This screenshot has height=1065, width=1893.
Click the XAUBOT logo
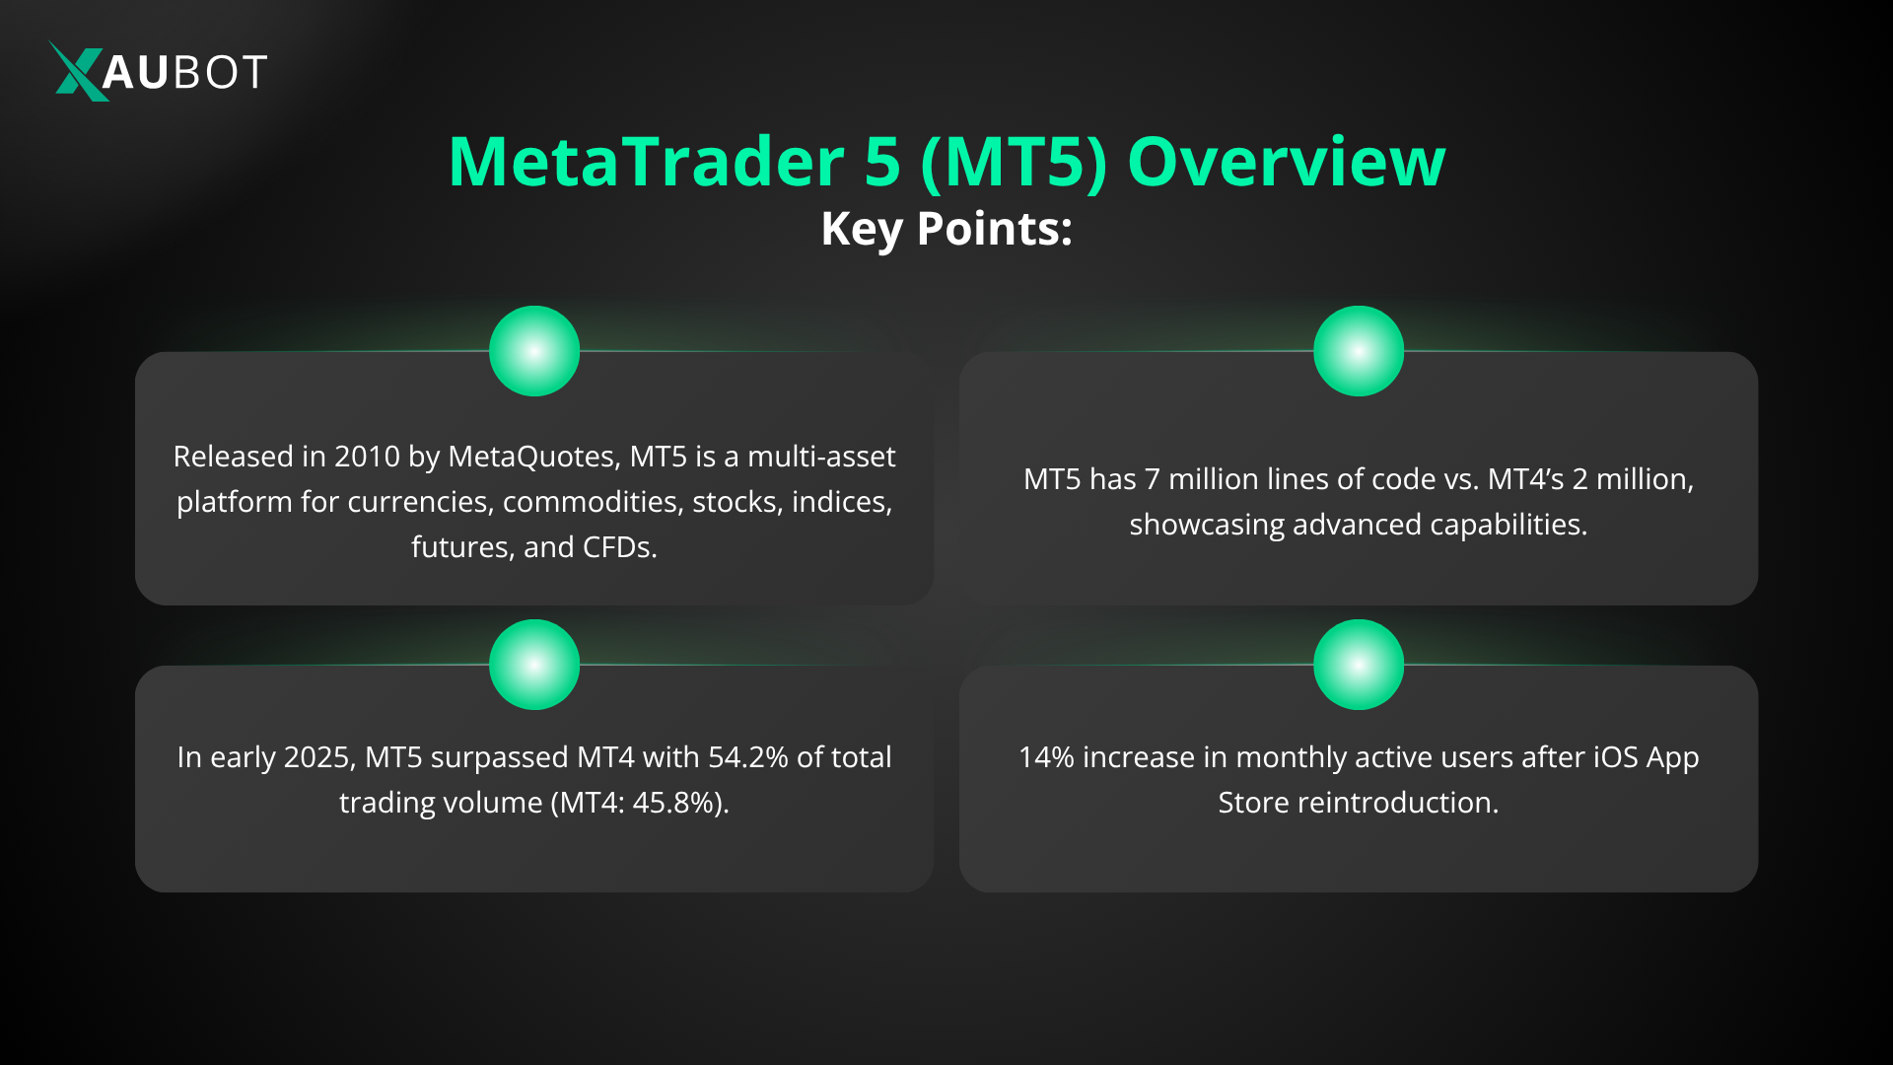pos(158,71)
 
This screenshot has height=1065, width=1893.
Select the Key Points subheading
pos(946,229)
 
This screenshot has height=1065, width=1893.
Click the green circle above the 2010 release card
pos(534,351)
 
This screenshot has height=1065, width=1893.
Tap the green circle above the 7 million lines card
pos(1358,351)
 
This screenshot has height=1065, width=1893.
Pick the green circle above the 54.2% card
pos(534,665)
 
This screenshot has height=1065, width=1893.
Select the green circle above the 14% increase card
pos(1358,665)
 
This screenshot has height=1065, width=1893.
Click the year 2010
pos(367,457)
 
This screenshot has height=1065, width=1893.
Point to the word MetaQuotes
pos(533,457)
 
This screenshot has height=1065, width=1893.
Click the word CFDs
pos(619,547)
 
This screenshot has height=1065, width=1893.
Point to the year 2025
pos(318,757)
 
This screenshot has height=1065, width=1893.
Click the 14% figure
pos(1045,757)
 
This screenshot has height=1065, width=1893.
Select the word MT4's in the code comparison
pos(1525,479)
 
